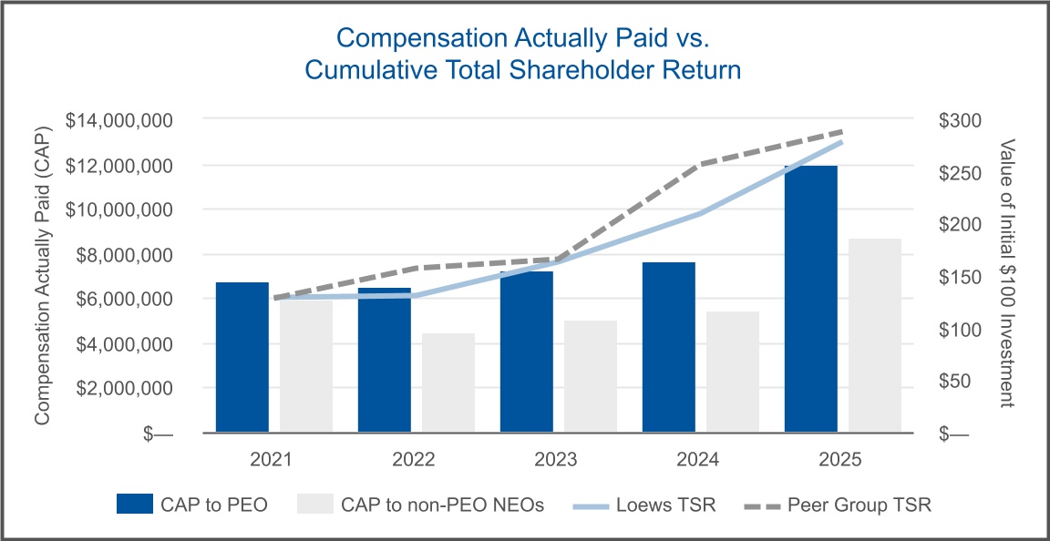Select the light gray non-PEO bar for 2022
448,383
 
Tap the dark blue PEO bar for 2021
242,357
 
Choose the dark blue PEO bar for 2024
669,347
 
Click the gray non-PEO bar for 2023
591,376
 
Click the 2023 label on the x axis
554,459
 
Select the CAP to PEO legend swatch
137,505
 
